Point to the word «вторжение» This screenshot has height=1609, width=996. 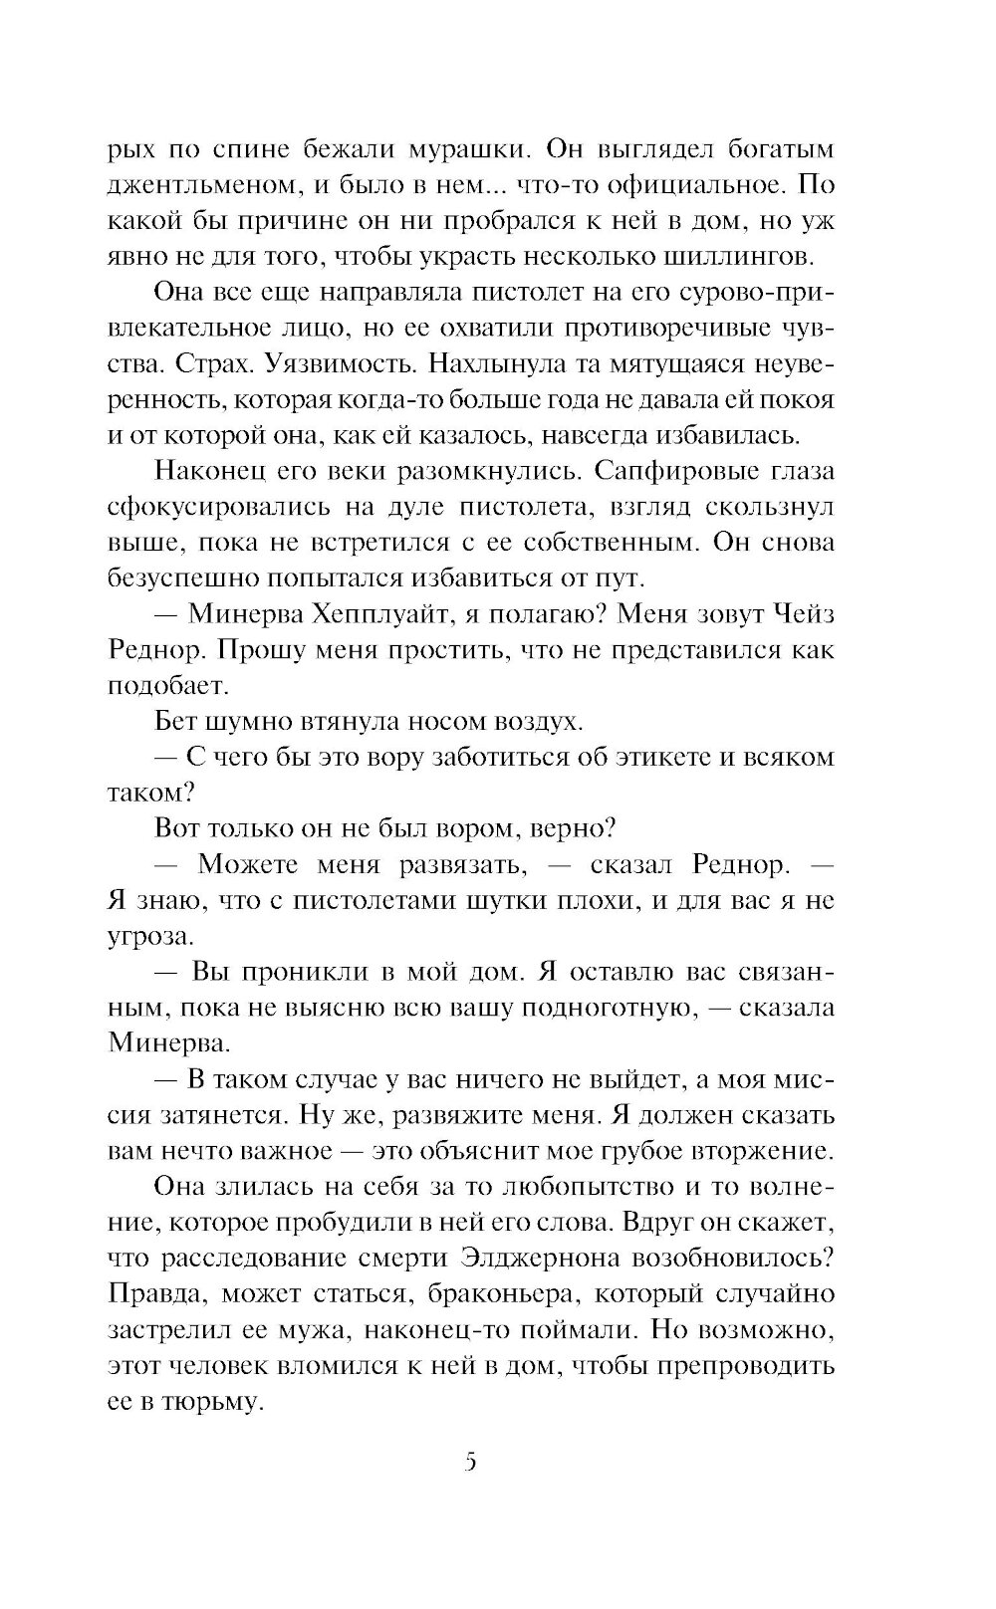coord(756,1151)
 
